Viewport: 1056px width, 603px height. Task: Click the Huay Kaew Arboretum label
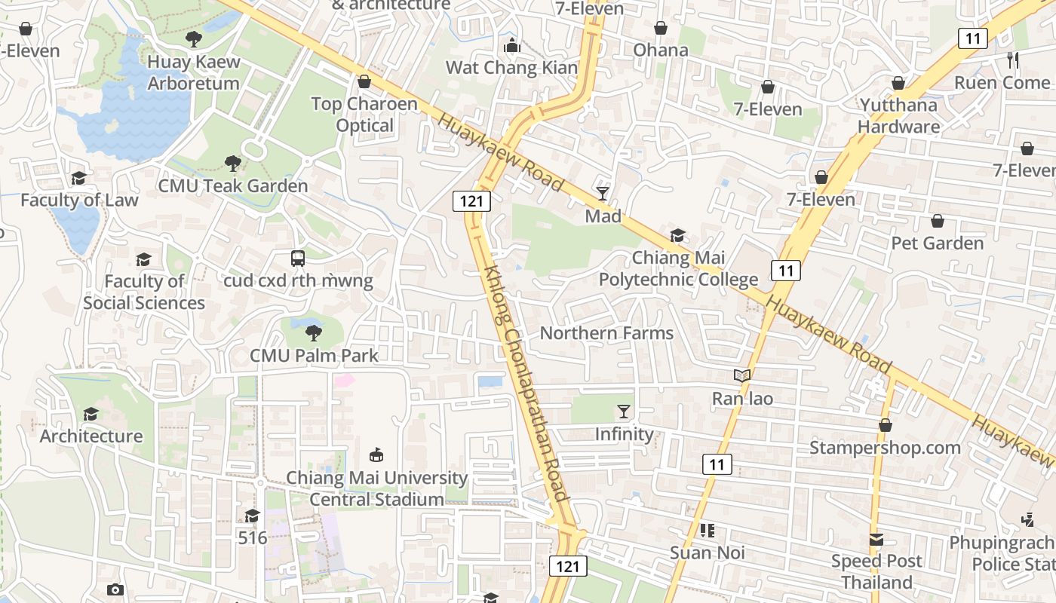tap(194, 72)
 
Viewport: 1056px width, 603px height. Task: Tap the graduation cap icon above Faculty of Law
tap(78, 178)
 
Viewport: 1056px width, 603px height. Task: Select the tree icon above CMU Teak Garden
tap(233, 163)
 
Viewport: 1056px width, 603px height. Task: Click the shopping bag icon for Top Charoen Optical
tap(364, 81)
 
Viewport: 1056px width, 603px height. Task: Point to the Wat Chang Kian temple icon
tap(512, 46)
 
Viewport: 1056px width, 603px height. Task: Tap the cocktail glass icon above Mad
tap(603, 194)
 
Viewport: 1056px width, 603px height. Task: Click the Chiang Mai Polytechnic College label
tap(678, 268)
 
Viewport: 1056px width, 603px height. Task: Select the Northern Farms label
tap(606, 333)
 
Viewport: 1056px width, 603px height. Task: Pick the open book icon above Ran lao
tap(742, 375)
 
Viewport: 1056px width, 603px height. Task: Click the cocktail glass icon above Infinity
tap(624, 412)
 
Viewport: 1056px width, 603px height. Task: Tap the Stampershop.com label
tap(885, 448)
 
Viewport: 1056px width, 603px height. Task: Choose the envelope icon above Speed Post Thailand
tap(876, 540)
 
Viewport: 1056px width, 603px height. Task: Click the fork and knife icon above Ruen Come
tap(1012, 60)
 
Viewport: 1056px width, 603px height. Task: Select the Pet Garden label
tap(938, 243)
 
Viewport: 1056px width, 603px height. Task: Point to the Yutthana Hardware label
tap(898, 115)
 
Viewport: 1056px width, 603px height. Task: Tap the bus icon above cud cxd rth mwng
tap(298, 259)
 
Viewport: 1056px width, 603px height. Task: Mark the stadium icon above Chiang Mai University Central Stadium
tap(376, 455)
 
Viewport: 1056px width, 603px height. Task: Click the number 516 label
tap(253, 538)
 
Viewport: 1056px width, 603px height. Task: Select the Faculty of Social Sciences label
tap(144, 292)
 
